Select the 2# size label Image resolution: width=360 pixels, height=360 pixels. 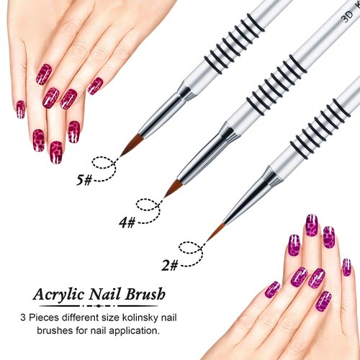[170, 265]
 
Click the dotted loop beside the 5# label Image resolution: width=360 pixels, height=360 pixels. [106, 164]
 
